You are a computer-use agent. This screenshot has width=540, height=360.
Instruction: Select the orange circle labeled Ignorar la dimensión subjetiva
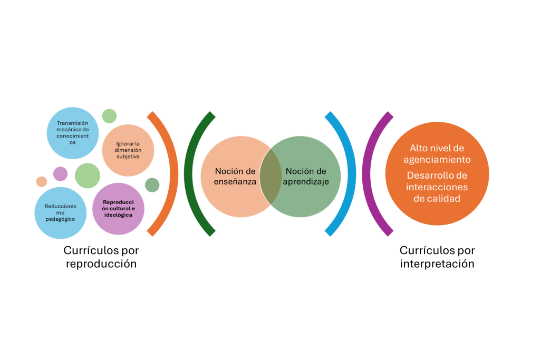[x=128, y=150]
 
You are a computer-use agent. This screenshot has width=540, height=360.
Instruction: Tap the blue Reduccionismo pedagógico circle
[x=61, y=212]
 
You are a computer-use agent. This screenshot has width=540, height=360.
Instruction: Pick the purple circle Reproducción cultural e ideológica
[x=118, y=209]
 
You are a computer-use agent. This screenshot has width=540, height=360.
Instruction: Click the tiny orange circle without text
[x=42, y=181]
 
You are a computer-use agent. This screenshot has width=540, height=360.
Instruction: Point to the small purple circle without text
[x=61, y=173]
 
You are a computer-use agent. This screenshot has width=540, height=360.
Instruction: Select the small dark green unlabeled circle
[x=152, y=185]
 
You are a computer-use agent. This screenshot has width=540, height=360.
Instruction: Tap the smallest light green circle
[x=109, y=115]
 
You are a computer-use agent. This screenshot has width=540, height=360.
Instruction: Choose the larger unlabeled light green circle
[x=87, y=176]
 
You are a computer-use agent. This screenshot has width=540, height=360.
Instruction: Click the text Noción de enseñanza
[x=235, y=177]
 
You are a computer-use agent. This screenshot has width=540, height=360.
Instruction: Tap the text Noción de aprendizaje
[x=306, y=177]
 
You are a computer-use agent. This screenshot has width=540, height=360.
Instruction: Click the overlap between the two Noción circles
[x=271, y=177]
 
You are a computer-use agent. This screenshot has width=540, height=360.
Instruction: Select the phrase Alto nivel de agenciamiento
[x=437, y=153]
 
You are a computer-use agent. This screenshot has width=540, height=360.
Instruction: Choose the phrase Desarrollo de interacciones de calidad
[x=437, y=187]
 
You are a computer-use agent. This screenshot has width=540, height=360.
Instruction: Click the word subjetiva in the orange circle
[x=128, y=157]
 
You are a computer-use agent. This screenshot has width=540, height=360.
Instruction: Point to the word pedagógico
[x=61, y=219]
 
